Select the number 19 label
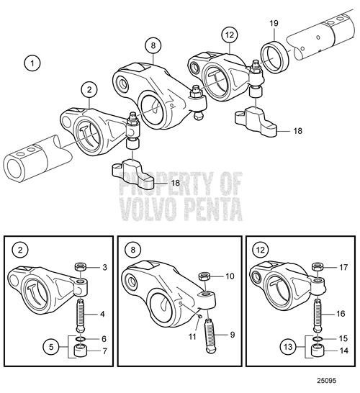pos(274,24)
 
